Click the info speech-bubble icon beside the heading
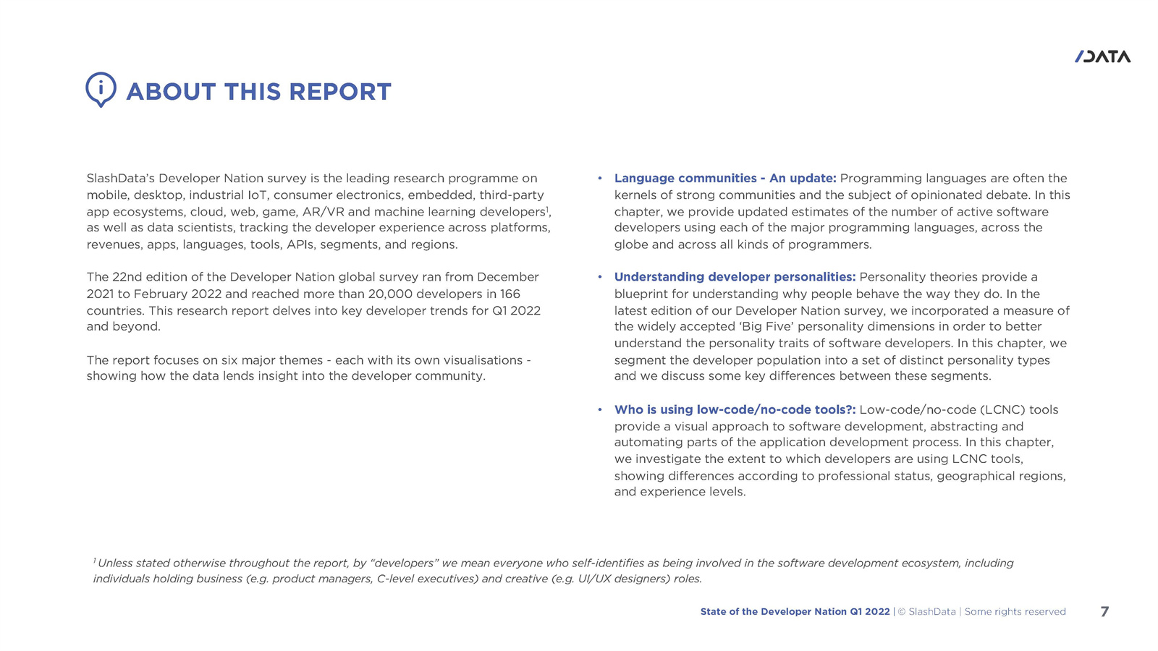(x=101, y=90)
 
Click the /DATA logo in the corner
(x=1102, y=56)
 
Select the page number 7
(x=1104, y=612)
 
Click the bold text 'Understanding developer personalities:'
(x=735, y=277)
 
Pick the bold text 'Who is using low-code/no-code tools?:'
(x=735, y=410)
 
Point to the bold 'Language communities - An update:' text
(x=725, y=178)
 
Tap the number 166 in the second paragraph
(x=510, y=294)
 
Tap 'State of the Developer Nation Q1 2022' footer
(x=795, y=612)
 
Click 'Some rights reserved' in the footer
(x=1015, y=612)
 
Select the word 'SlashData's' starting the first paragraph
(x=120, y=178)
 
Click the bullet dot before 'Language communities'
(x=600, y=178)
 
